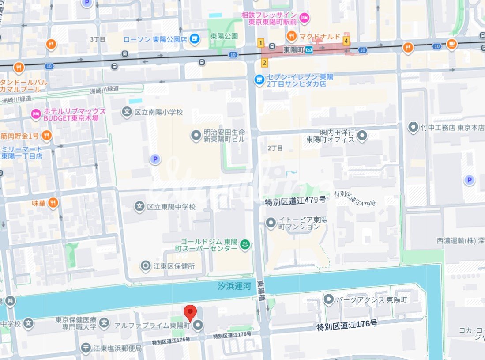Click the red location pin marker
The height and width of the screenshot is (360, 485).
[x=190, y=312]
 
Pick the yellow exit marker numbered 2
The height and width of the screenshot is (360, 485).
[x=264, y=63]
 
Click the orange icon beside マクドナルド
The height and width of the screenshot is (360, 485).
[x=291, y=36]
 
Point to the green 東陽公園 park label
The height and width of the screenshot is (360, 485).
[x=224, y=36]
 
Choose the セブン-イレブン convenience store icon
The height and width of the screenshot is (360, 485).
[x=259, y=80]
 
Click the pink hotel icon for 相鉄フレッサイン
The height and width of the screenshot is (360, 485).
[x=304, y=18]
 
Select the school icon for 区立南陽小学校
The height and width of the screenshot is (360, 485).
[x=127, y=112]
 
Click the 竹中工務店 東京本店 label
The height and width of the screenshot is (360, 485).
[x=452, y=128]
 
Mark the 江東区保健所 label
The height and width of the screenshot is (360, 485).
[x=174, y=266]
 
